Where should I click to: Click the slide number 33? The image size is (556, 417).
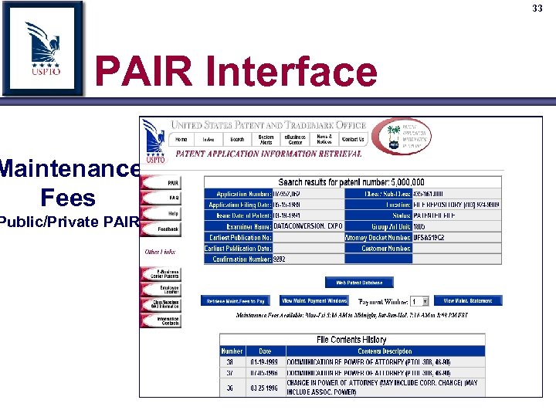[537, 8]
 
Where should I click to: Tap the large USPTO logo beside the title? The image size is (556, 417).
[42, 48]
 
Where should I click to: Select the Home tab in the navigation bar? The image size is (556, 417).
[181, 140]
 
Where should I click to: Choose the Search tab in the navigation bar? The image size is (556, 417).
[237, 140]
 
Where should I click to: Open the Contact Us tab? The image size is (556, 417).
[353, 140]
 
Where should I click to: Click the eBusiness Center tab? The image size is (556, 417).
[296, 140]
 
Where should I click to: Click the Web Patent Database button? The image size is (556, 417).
[359, 283]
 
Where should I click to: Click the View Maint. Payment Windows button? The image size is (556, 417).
[314, 301]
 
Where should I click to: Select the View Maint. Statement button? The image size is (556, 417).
[468, 301]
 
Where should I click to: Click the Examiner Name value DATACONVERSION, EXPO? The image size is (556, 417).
[307, 227]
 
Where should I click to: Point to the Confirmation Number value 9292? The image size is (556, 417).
[280, 259]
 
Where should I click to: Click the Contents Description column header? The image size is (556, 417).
[385, 351]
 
